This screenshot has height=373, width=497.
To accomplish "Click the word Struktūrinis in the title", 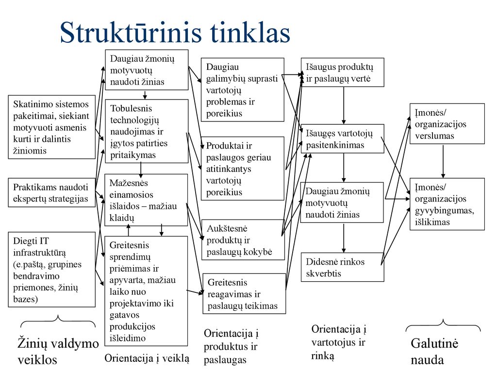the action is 131,33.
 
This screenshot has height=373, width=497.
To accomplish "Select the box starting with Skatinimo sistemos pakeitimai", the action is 51,127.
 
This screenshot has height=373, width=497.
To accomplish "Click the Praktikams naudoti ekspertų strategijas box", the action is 51,192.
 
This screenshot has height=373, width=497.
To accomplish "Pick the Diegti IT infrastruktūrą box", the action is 51,270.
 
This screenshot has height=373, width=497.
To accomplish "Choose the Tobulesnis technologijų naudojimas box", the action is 147,131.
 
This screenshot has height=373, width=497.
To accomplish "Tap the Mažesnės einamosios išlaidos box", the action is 146,200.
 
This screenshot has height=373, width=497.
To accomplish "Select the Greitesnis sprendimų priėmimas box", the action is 146,291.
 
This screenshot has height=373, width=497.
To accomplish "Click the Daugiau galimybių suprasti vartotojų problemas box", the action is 243,90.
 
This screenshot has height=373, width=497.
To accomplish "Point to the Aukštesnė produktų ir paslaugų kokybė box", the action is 243,240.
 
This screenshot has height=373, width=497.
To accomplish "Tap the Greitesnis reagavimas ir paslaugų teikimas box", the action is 244,294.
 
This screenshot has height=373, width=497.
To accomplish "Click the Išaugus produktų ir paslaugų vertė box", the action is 342,72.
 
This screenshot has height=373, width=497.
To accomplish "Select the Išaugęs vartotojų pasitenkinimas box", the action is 342,138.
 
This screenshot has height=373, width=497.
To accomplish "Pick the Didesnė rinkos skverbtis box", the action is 342,267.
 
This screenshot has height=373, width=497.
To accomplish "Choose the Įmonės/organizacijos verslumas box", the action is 447,124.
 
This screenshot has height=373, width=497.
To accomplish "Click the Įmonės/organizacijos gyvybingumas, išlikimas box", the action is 447,204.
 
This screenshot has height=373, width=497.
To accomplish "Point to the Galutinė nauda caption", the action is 434,352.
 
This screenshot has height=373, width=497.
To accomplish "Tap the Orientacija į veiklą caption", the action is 147,358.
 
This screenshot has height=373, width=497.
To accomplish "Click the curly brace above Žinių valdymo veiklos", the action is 58,321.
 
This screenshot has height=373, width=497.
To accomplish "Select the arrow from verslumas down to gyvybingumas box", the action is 443,161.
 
